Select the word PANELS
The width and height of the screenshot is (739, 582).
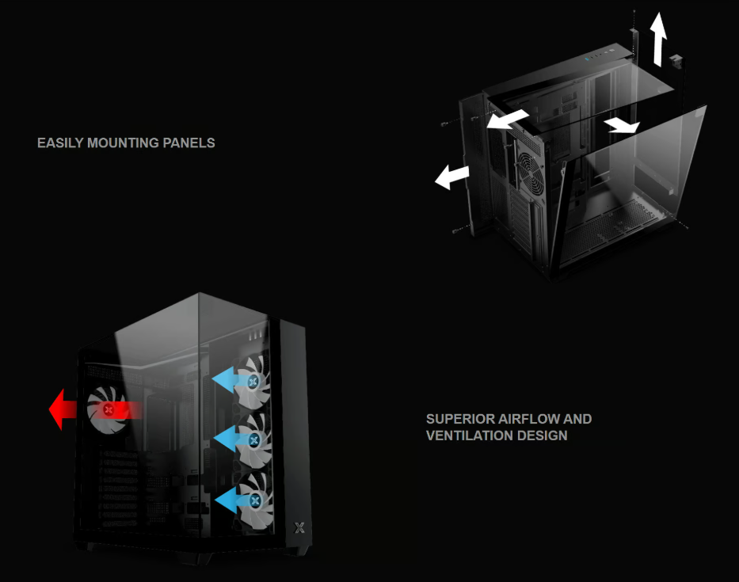click(191, 143)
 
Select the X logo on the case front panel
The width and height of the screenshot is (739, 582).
click(299, 527)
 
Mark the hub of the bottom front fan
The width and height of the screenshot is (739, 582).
click(255, 500)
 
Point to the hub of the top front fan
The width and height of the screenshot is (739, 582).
click(253, 382)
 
